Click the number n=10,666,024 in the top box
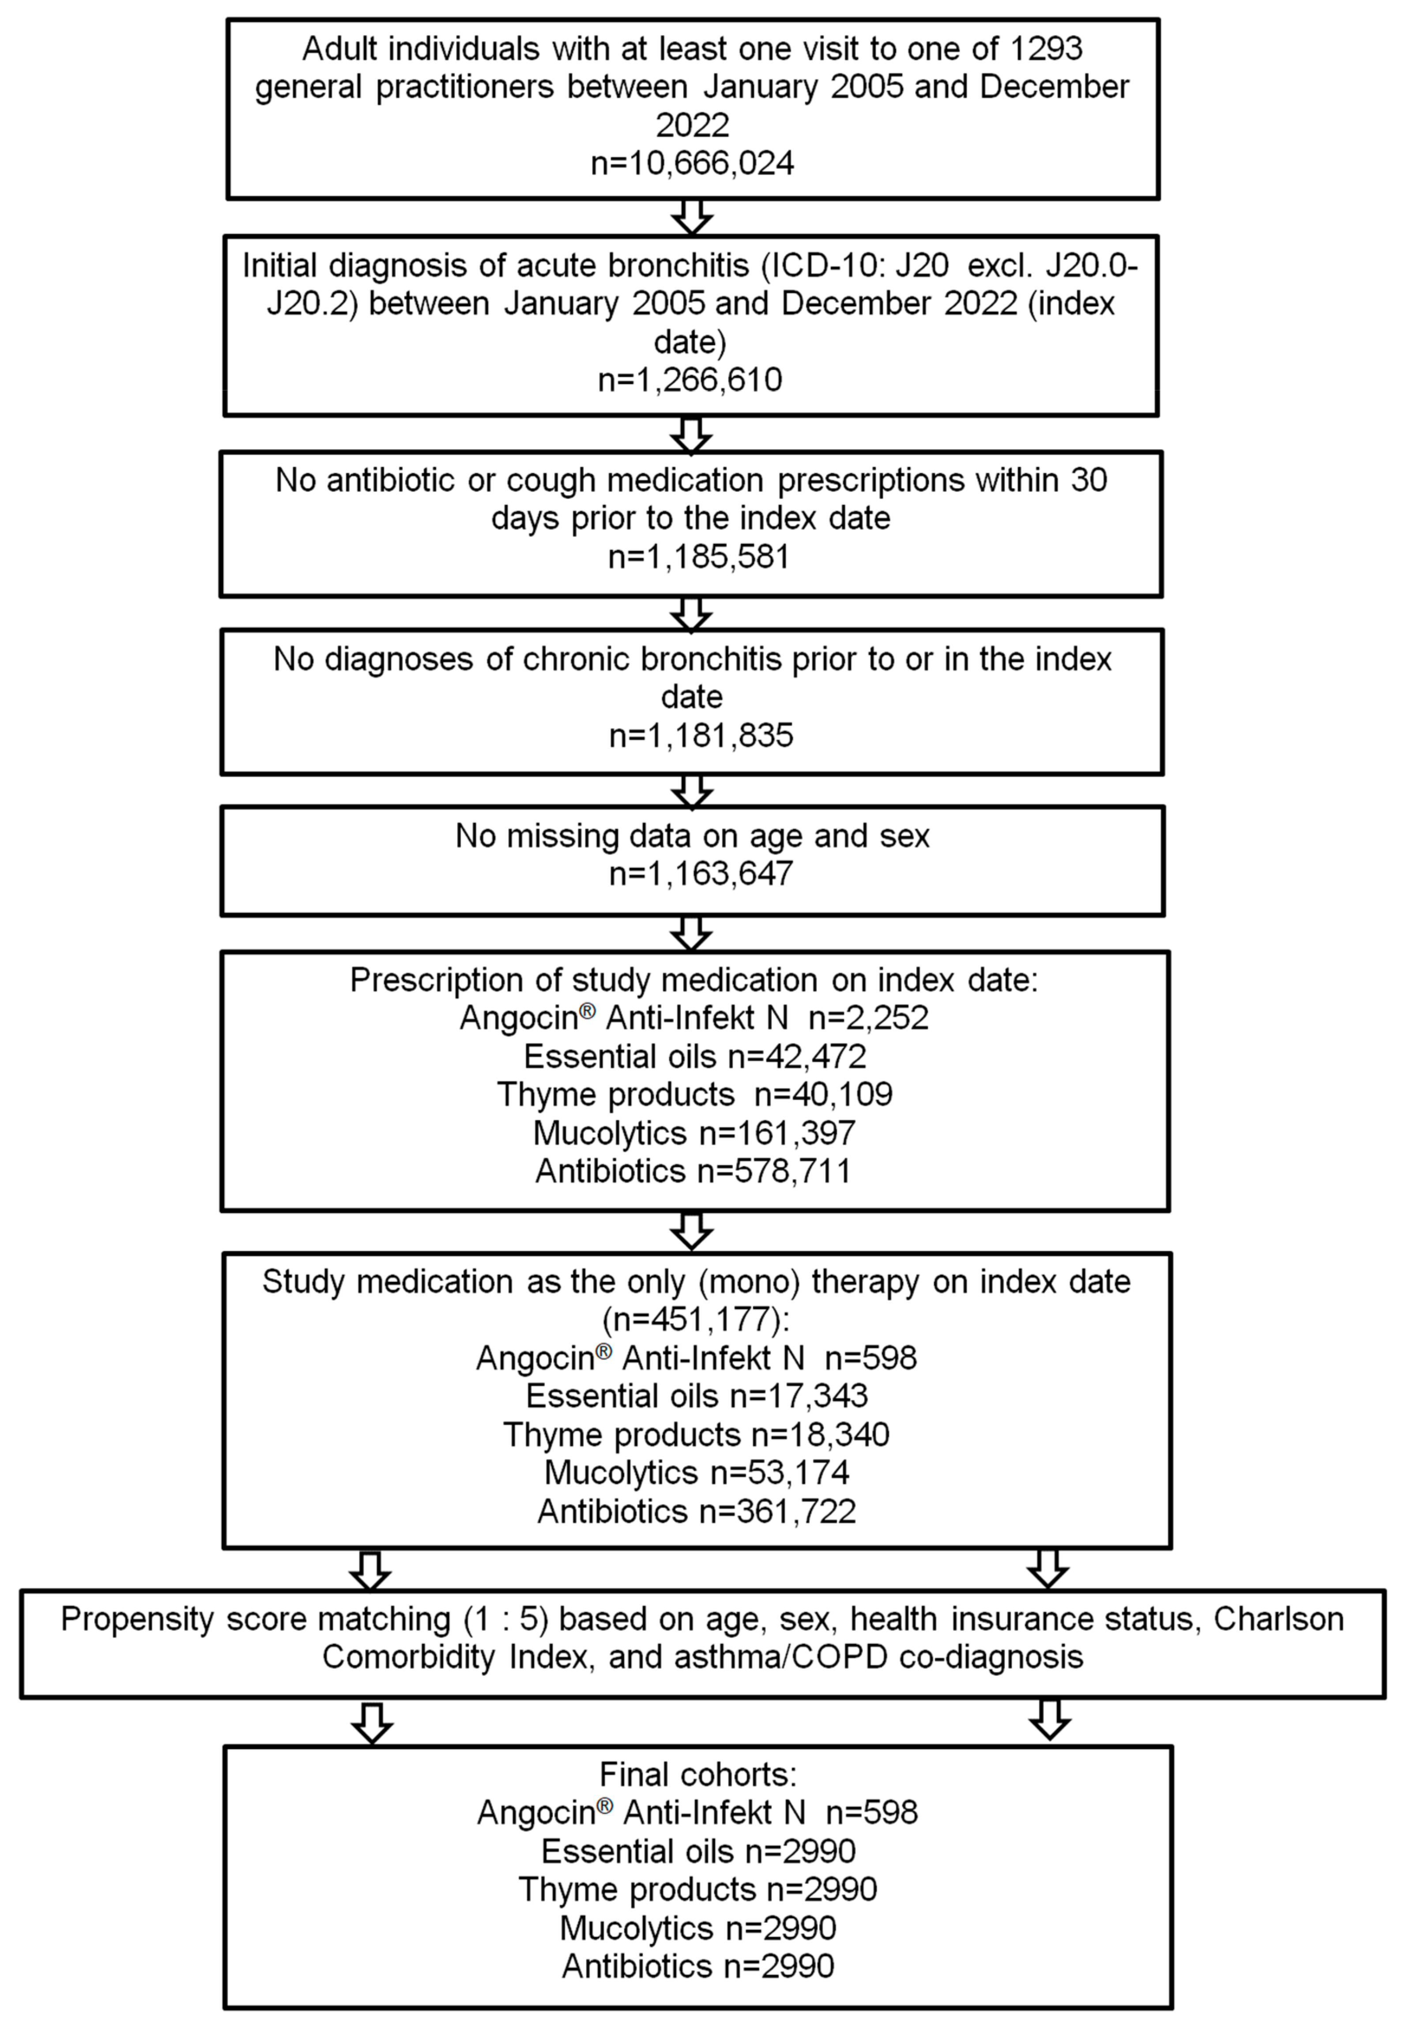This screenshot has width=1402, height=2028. coord(692,163)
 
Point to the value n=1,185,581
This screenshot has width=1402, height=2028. coord(698,557)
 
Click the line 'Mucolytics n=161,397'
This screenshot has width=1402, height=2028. coord(694,1133)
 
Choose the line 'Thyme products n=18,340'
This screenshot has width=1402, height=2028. coord(696,1434)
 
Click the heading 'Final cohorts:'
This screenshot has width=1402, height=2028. coord(697,1774)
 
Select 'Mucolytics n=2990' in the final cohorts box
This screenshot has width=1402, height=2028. coord(697,1928)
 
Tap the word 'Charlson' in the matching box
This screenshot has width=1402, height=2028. coord(1278,1619)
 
